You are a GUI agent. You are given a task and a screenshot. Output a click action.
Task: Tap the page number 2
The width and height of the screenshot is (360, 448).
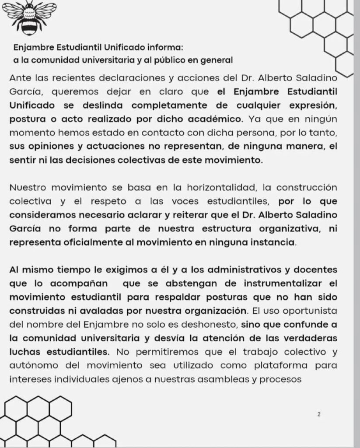(x=319, y=414)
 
